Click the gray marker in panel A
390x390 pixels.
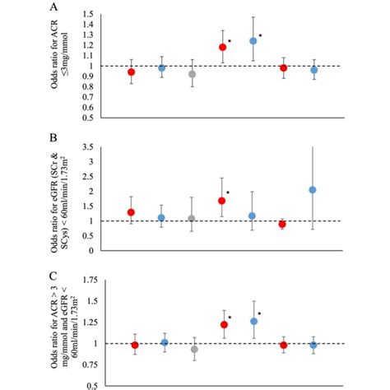193,74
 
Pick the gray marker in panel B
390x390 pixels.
193,219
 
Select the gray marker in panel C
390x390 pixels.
194,350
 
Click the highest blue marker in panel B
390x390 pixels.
313,190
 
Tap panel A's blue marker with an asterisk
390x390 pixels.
253,41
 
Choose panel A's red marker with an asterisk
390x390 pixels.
222,48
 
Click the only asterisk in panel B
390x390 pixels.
229,193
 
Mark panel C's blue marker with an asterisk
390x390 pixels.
253,321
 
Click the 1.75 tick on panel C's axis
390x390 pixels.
103,281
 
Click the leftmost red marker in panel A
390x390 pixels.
131,72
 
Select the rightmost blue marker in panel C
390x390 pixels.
313,345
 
